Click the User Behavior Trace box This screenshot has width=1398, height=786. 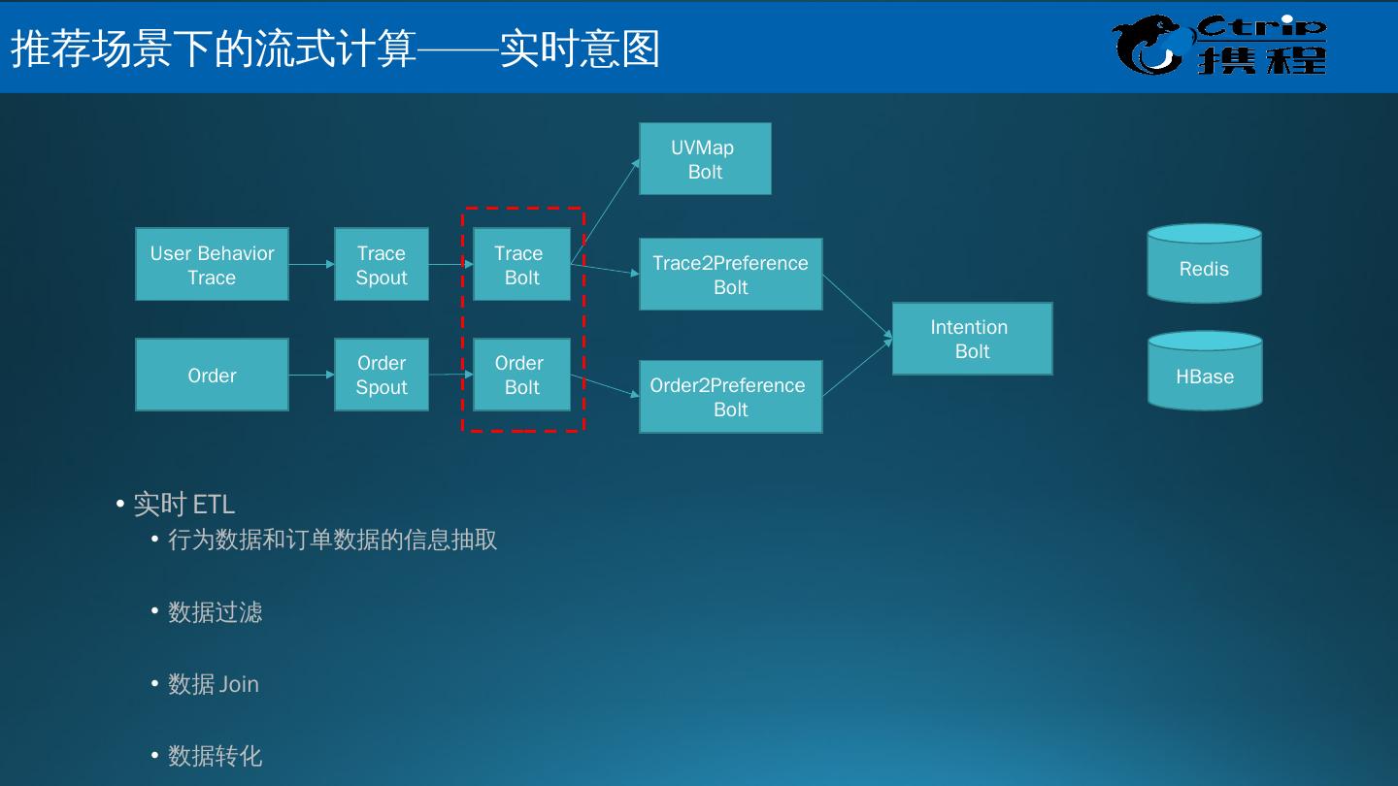212,265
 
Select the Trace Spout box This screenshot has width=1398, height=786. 382,265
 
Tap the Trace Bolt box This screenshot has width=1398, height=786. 521,265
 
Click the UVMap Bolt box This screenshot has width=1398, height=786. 705,159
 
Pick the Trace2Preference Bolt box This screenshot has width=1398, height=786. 730,275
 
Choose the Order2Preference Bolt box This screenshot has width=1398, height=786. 730,397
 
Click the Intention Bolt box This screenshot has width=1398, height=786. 972,339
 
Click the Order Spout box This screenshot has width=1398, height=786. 382,375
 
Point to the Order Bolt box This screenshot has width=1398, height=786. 521,375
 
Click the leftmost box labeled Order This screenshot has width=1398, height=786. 212,375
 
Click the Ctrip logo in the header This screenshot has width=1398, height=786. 1220,45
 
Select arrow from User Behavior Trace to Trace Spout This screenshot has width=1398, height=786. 312,264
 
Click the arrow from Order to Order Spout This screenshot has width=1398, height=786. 312,375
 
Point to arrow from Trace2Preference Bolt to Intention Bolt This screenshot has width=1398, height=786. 857,307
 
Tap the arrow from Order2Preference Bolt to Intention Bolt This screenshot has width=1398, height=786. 857,368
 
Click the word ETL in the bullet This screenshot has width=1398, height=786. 214,505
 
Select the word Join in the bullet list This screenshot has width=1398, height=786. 239,684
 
